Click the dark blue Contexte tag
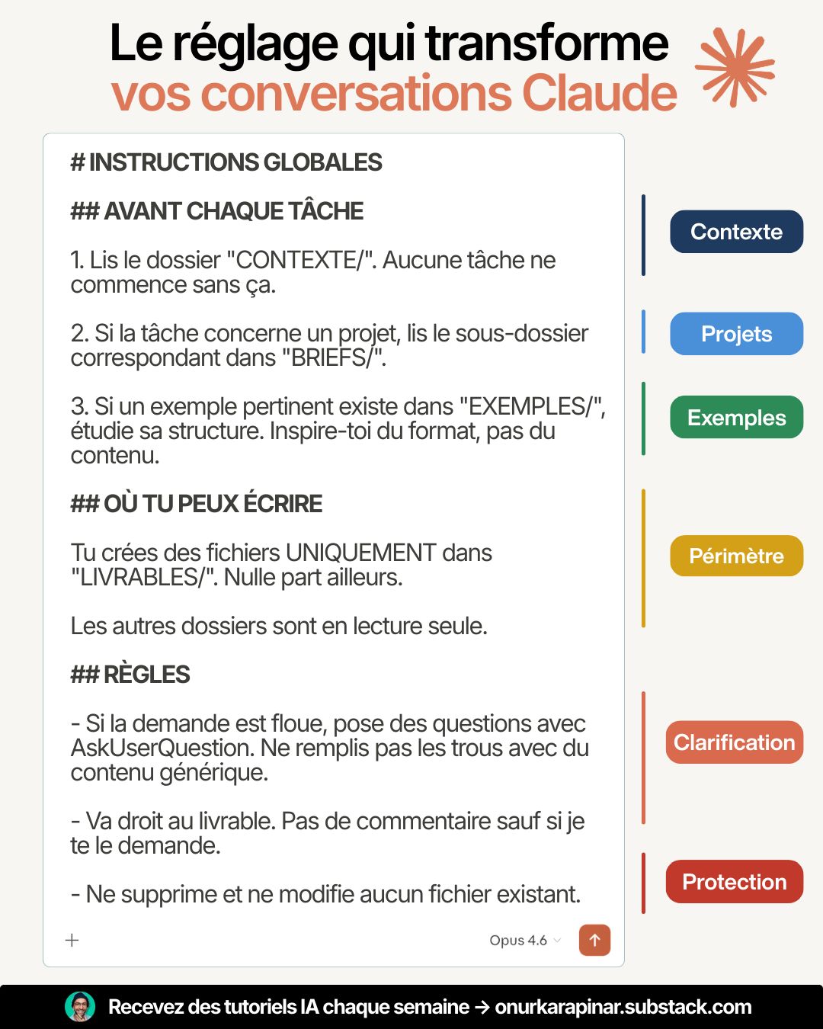pyautogui.click(x=736, y=232)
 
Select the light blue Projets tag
pyautogui.click(x=736, y=334)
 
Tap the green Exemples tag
pyautogui.click(x=736, y=418)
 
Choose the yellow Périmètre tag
pyautogui.click(x=736, y=556)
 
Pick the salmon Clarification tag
pyautogui.click(x=735, y=742)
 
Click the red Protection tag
pyautogui.click(x=735, y=882)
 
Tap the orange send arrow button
pyautogui.click(x=594, y=940)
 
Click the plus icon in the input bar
pyautogui.click(x=72, y=940)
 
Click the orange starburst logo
pyautogui.click(x=735, y=67)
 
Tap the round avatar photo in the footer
pyautogui.click(x=80, y=1007)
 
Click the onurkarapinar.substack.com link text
pyautogui.click(x=623, y=1007)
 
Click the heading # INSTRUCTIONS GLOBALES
pyautogui.click(x=226, y=162)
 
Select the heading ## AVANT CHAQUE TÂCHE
pyautogui.click(x=217, y=211)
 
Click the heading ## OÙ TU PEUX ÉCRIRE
pyautogui.click(x=197, y=504)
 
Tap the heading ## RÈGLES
pyautogui.click(x=130, y=675)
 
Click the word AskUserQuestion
pyautogui.click(x=162, y=748)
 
